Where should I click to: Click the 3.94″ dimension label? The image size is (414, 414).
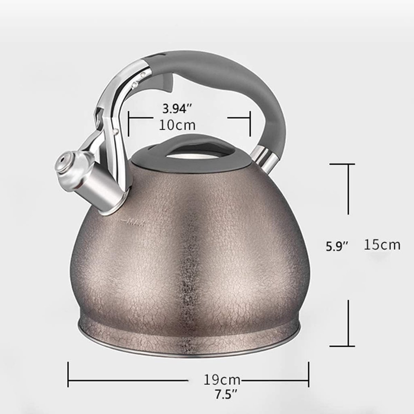tap(177, 109)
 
